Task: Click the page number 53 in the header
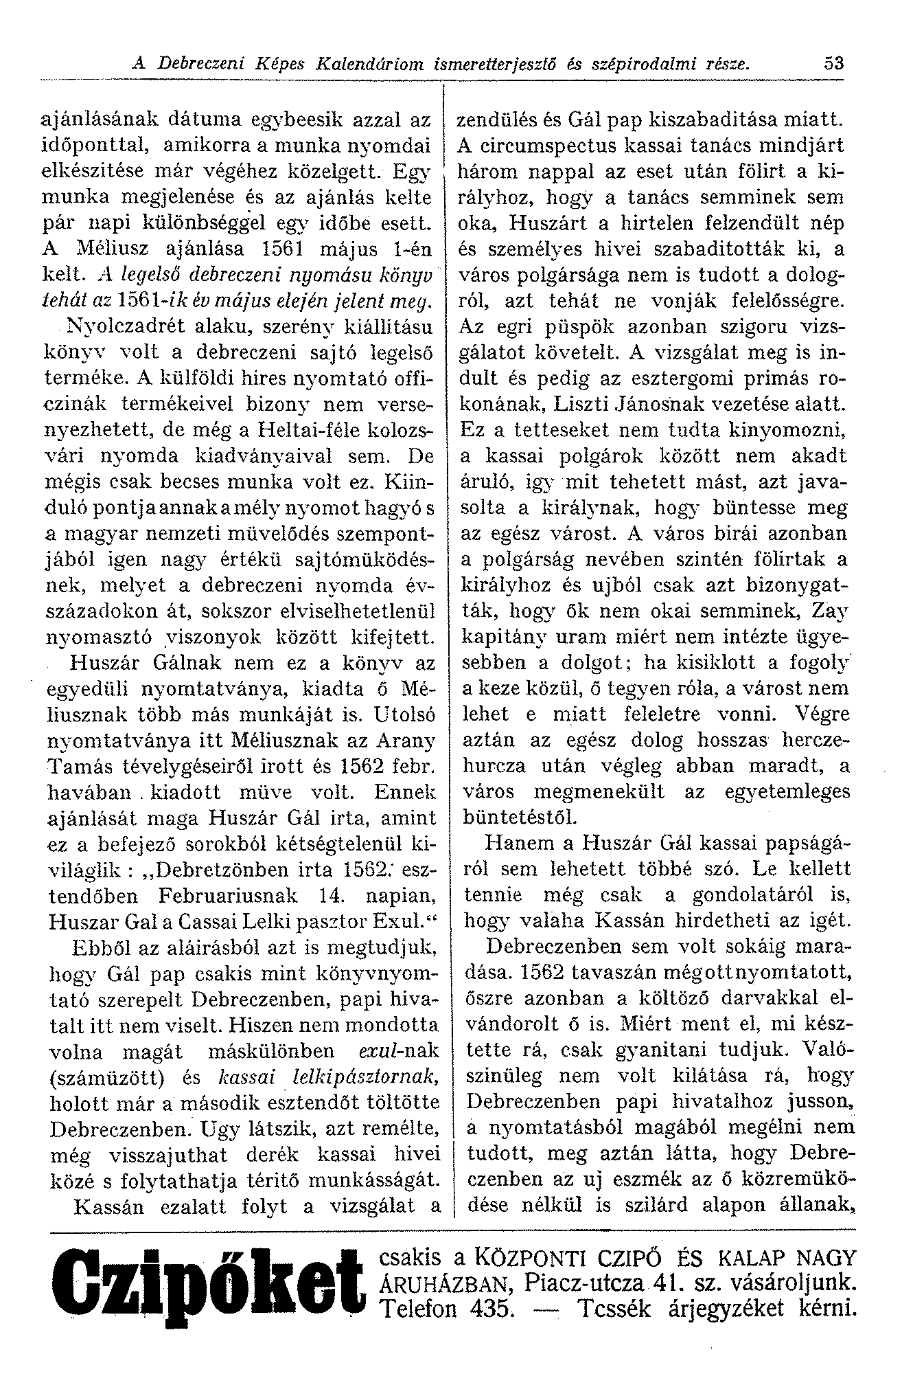tap(835, 64)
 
